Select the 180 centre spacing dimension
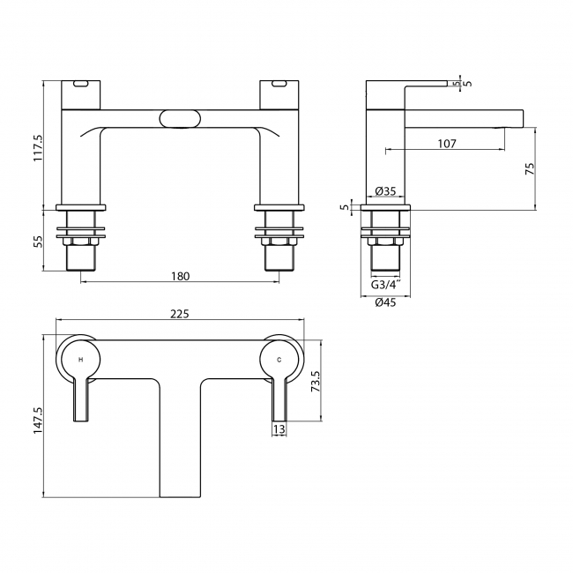click(x=181, y=276)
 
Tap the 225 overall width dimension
click(x=180, y=314)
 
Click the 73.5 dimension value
click(x=316, y=381)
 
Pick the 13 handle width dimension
click(x=279, y=429)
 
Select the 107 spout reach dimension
click(x=447, y=144)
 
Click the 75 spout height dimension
click(x=530, y=168)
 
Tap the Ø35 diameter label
click(x=385, y=190)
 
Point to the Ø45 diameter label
click(x=385, y=302)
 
